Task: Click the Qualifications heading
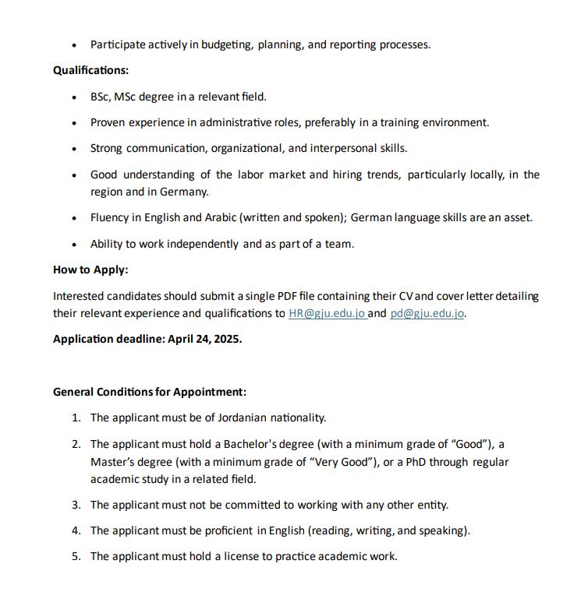coord(90,70)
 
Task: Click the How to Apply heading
coord(90,270)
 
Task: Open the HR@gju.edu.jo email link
coord(327,313)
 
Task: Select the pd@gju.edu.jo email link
coord(427,313)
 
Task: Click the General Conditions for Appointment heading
coord(150,392)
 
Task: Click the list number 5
coord(76,556)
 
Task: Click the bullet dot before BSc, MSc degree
coord(74,97)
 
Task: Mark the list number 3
coord(76,505)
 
